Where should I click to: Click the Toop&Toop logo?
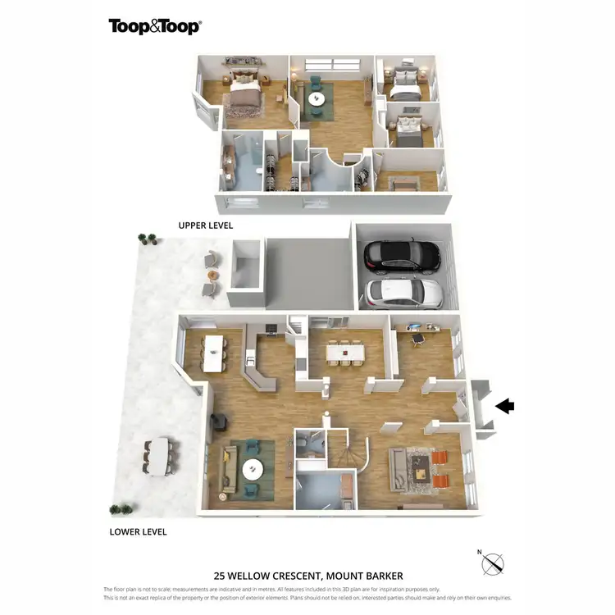[x=155, y=26]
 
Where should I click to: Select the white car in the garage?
[x=403, y=291]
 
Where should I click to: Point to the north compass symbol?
[x=492, y=563]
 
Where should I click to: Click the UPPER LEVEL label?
[x=206, y=225]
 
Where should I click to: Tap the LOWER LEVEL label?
[x=138, y=531]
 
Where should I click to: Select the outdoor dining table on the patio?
[x=159, y=457]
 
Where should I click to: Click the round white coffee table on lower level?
[x=252, y=469]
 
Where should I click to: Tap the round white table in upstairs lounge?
[x=316, y=100]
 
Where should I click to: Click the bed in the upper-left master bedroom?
[x=244, y=91]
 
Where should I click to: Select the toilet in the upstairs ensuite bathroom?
[x=259, y=171]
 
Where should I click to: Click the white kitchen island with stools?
[x=215, y=351]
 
